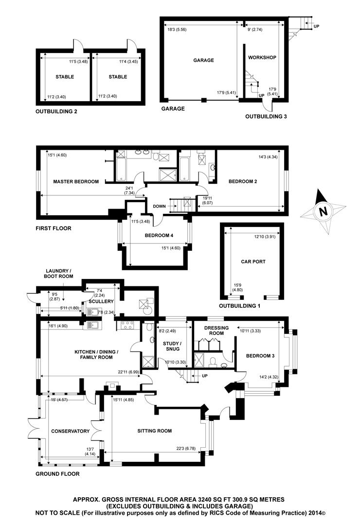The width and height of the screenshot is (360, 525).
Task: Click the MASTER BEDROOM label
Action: (75, 182)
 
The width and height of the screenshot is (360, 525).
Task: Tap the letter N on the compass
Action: (321, 211)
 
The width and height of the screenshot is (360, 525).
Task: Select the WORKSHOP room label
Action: (262, 57)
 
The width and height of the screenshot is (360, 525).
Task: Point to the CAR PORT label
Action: (253, 261)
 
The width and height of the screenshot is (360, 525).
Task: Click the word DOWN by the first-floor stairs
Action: (159, 206)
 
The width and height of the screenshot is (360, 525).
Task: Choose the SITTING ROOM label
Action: (154, 431)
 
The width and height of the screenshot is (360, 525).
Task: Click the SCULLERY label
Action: (101, 301)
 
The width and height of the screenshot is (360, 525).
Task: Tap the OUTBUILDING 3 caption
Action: (266, 117)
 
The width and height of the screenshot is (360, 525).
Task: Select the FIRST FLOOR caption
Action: (54, 228)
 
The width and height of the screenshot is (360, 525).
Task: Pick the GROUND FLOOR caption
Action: (57, 473)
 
